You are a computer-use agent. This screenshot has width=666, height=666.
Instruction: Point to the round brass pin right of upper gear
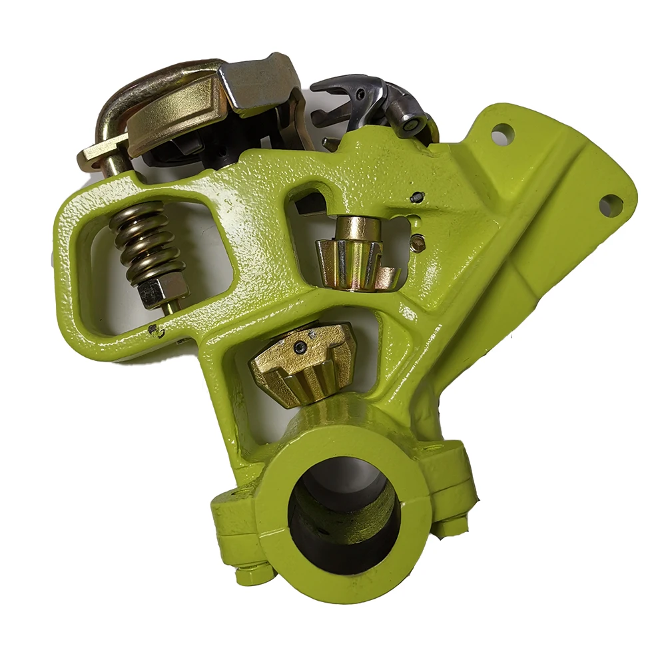[418, 243]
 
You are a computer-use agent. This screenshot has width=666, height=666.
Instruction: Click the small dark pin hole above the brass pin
[417, 197]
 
